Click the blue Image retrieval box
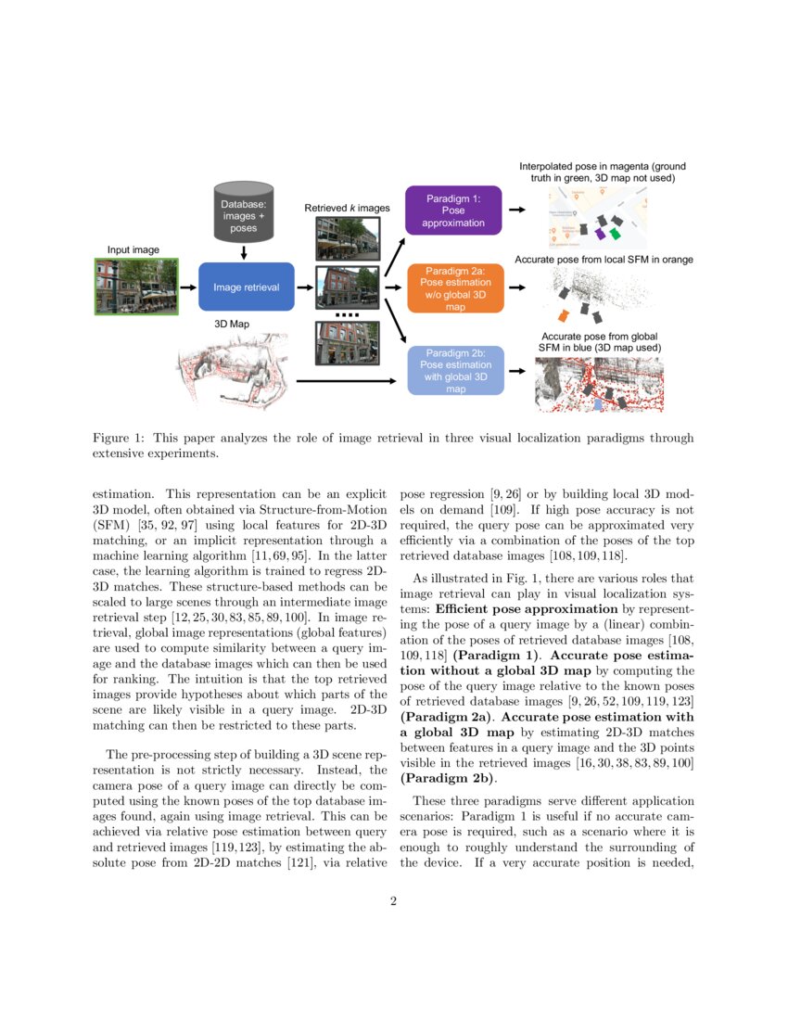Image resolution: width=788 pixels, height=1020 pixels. point(246,287)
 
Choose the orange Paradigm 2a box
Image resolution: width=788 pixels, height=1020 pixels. point(454,287)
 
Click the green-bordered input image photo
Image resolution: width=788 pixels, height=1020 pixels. point(137,287)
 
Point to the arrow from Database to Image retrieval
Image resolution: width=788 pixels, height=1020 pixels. point(243,252)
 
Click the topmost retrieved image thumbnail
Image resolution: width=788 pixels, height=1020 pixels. point(347,238)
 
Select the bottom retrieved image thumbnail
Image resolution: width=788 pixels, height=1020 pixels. point(347,342)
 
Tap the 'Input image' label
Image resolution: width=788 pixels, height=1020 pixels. point(133,249)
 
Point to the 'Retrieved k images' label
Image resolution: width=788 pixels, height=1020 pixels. point(347,209)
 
